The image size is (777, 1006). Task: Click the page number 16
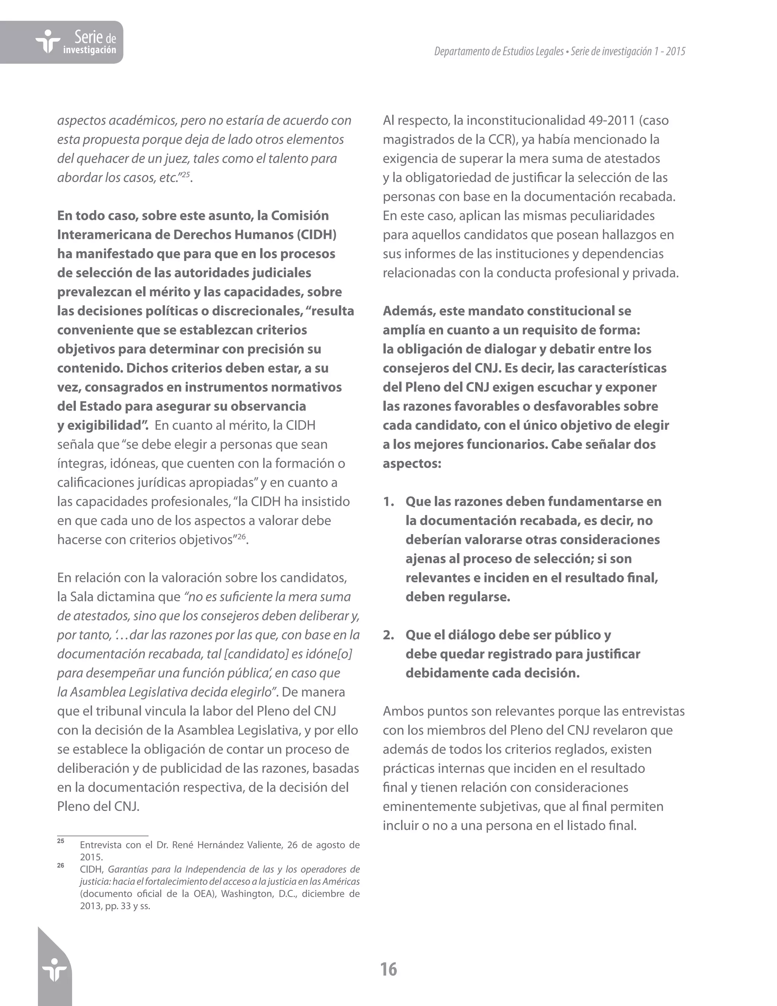pyautogui.click(x=388, y=970)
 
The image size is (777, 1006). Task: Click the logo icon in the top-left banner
pyautogui.click(x=47, y=42)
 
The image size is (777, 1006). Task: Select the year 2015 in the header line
pyautogui.click(x=675, y=52)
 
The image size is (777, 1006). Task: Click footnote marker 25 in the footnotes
pyautogui.click(x=61, y=841)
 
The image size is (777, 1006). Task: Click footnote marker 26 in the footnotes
pyautogui.click(x=61, y=866)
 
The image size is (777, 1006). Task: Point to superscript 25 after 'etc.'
pyautogui.click(x=186, y=174)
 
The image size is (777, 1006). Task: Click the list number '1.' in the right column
pyautogui.click(x=388, y=501)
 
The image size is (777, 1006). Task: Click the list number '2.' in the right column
pyautogui.click(x=388, y=635)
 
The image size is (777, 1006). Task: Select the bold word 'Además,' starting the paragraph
pyautogui.click(x=409, y=311)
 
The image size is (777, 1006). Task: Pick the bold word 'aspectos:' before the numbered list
pyautogui.click(x=412, y=464)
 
